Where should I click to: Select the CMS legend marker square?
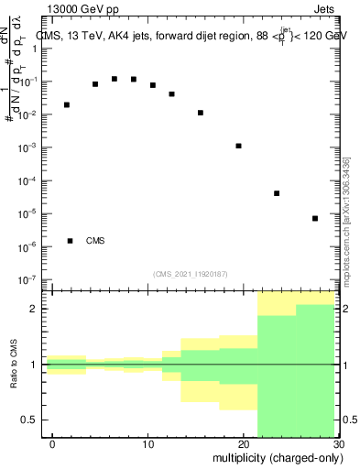71,241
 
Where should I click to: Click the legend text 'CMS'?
95,241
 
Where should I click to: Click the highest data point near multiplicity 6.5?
115,79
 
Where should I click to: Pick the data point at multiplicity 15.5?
201,113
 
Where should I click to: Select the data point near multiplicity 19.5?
238,146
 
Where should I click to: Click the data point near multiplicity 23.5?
277,193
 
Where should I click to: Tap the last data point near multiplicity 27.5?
315,218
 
